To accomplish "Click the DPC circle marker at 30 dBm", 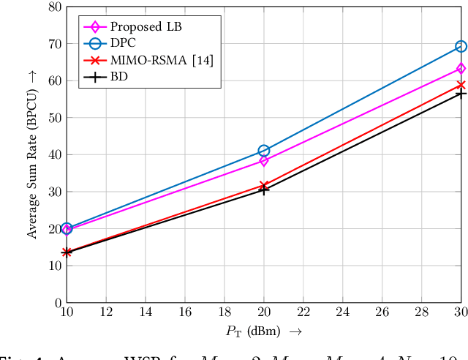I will tap(461, 46).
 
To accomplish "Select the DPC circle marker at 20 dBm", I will tap(264, 151).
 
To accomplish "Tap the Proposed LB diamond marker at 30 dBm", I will tap(461, 69).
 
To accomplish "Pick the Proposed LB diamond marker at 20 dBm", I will tap(264, 160).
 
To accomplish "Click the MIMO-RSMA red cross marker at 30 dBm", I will tap(461, 85).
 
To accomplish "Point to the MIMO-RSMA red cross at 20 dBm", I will tap(264, 186).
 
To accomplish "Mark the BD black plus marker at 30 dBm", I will tap(461, 94).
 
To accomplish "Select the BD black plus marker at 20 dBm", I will tap(264, 190).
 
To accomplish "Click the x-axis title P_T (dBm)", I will tap(264, 331).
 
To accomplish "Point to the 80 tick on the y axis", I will tap(53, 7).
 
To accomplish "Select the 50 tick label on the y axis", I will tap(53, 118).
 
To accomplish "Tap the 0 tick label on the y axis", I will tap(57, 302).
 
